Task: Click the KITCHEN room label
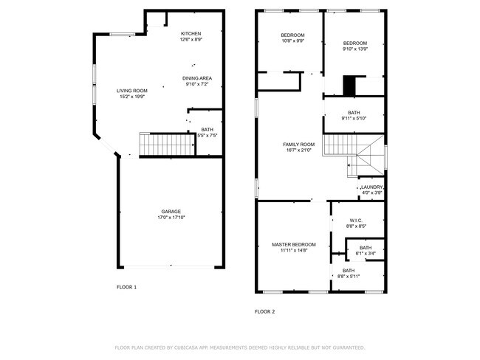point(191,34)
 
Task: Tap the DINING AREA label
point(197,77)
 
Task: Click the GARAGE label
point(171,211)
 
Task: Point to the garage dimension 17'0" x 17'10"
point(171,217)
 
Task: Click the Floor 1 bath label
point(207,130)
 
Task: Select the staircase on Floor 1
point(166,145)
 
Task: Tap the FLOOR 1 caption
point(126,286)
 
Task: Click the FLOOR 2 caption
point(264,311)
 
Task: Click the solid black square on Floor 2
point(349,86)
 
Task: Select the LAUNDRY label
point(371,187)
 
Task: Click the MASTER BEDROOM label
point(293,244)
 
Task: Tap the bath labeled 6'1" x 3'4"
point(366,248)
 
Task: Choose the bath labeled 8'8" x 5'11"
point(349,271)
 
